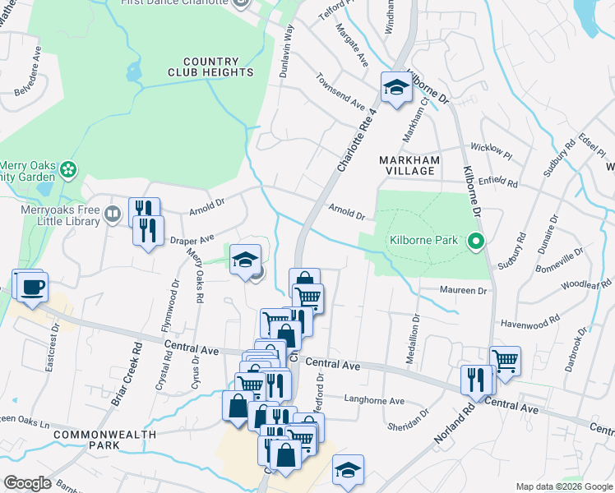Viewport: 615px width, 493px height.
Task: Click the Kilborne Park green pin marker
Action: pyautogui.click(x=474, y=242)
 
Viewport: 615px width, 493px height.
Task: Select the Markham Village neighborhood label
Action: pyautogui.click(x=409, y=164)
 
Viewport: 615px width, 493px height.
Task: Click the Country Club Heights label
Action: pyautogui.click(x=218, y=67)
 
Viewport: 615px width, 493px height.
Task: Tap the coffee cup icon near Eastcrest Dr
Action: pyautogui.click(x=33, y=287)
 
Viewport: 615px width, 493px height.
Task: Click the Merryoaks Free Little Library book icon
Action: pyautogui.click(x=113, y=216)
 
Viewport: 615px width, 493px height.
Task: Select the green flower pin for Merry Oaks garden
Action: pyautogui.click(x=69, y=169)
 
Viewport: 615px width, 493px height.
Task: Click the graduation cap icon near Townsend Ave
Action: pyautogui.click(x=395, y=88)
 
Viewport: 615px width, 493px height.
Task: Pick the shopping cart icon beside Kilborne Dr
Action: pyautogui.click(x=505, y=360)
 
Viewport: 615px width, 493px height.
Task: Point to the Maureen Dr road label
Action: pyautogui.click(x=464, y=291)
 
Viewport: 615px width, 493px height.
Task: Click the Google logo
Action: pyautogui.click(x=28, y=483)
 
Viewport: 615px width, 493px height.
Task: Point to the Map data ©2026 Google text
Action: pyautogui.click(x=563, y=486)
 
